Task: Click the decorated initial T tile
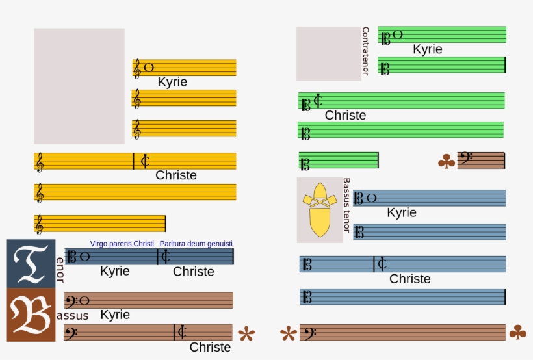click(x=31, y=263)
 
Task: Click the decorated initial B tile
click(x=31, y=315)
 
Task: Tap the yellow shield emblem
click(x=319, y=209)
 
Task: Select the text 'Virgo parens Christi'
click(x=122, y=244)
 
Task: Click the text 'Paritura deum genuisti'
click(x=196, y=244)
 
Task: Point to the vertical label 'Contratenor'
click(x=365, y=51)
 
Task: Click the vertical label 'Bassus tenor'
click(x=346, y=205)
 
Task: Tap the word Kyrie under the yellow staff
click(x=172, y=82)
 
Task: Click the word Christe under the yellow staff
click(x=175, y=175)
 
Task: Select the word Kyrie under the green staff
click(x=427, y=49)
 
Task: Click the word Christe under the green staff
click(x=345, y=116)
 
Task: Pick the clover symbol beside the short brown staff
click(x=447, y=161)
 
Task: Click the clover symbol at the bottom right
click(x=517, y=333)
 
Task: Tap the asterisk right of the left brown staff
click(x=246, y=335)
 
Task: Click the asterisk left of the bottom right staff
click(x=288, y=335)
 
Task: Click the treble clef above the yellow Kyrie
click(x=137, y=68)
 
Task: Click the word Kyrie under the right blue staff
click(x=401, y=212)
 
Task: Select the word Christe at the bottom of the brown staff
click(x=210, y=347)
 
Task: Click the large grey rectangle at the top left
click(x=79, y=86)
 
